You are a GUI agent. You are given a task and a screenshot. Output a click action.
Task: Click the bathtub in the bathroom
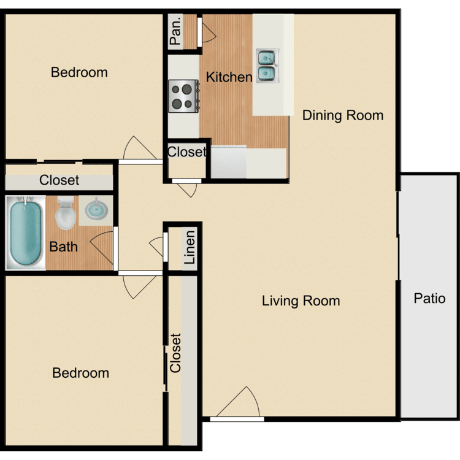(x=25, y=232)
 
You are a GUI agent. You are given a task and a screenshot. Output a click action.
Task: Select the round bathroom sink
(x=95, y=209)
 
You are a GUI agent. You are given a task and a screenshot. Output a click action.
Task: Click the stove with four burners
(x=183, y=96)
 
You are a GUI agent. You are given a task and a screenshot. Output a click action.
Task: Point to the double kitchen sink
(x=267, y=66)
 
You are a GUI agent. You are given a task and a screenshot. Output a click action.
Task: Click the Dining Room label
(x=343, y=115)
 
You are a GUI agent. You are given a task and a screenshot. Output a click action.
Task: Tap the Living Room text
(x=301, y=301)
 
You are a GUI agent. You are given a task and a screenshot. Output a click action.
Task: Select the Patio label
(x=429, y=299)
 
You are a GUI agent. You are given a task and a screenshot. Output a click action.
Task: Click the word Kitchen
(x=229, y=77)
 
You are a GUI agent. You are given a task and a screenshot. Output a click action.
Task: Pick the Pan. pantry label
(x=175, y=32)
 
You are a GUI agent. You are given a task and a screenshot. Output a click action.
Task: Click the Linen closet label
(x=190, y=247)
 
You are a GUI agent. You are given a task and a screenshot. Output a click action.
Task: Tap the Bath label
(x=64, y=247)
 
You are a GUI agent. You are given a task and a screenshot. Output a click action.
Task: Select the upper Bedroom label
(x=79, y=72)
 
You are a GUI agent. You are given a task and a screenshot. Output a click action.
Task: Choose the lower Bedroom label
(x=80, y=373)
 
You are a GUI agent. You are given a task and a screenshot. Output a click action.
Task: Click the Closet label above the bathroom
(x=59, y=180)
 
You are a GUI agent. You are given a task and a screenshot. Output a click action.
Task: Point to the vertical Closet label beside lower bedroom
(x=176, y=353)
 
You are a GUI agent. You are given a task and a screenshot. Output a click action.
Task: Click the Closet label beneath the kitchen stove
(x=186, y=151)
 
